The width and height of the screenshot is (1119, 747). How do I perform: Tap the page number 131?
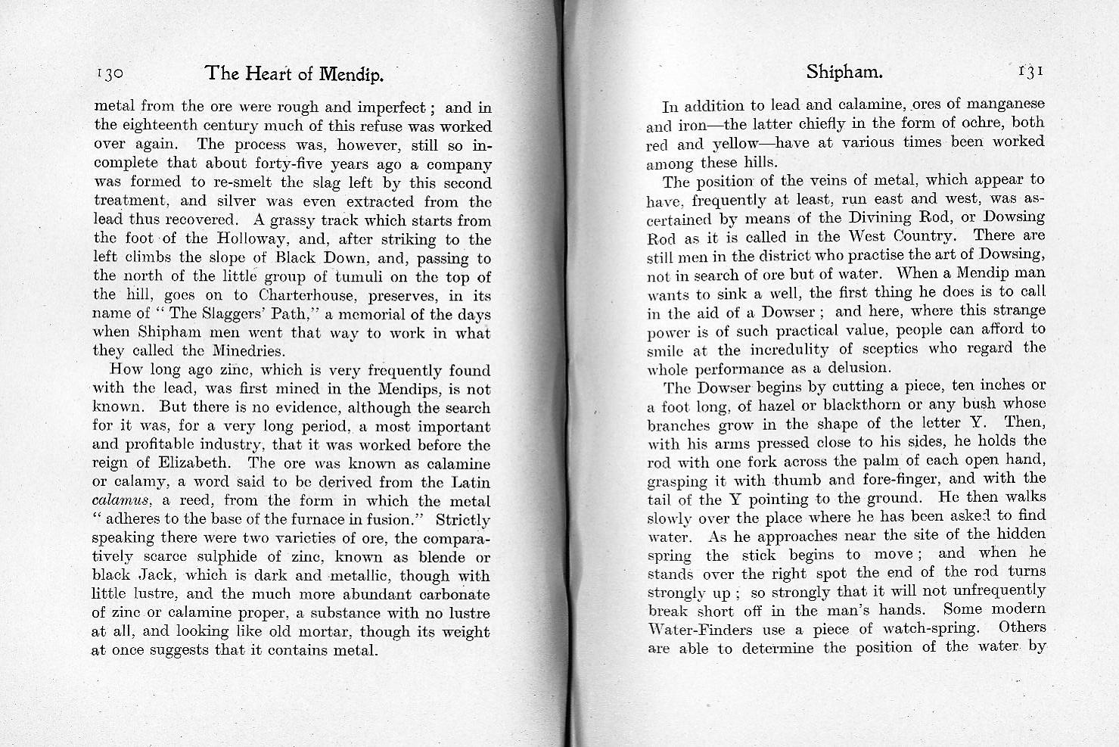click(1030, 71)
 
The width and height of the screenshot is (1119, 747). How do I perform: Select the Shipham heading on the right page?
click(844, 72)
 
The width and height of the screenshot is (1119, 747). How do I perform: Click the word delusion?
click(856, 368)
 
